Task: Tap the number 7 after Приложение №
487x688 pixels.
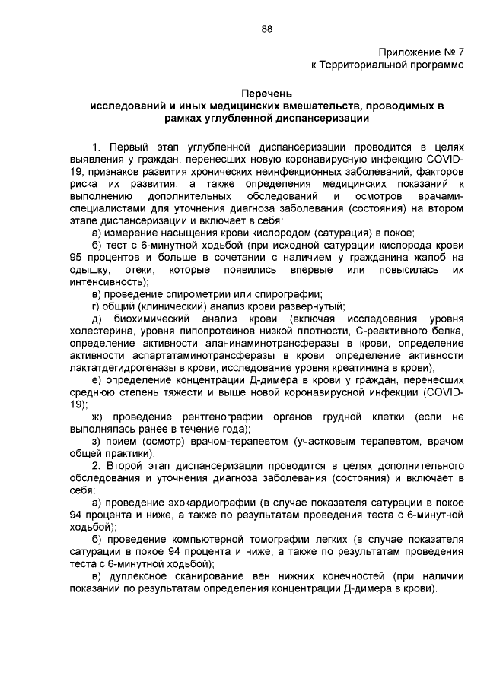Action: tap(460, 52)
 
